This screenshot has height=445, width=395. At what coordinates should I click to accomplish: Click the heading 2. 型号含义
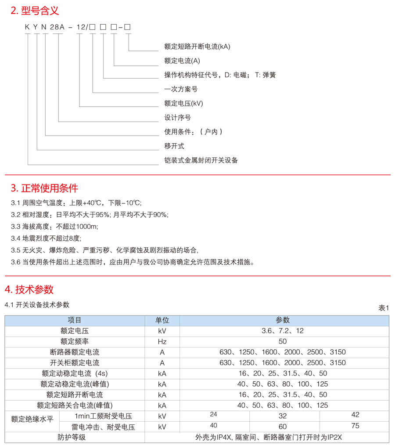pos(35,11)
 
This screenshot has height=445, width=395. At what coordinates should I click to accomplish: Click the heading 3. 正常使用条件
pos(44,188)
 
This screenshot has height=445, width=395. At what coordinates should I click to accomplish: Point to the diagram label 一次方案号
pos(181,89)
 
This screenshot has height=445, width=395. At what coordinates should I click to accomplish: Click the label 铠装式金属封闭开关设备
pos(201,160)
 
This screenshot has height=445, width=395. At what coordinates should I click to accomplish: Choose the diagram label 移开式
pos(174,146)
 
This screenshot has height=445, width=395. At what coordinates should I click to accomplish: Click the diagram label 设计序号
pos(177,118)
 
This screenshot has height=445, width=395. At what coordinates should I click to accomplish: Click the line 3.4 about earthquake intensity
pos(46,239)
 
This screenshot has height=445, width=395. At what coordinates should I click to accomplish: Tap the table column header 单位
pos(162,320)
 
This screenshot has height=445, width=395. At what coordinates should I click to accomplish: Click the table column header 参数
pos(283,320)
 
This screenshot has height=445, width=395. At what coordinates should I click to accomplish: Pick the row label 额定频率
pos(75,341)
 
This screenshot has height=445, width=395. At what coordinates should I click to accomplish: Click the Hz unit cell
pos(162,341)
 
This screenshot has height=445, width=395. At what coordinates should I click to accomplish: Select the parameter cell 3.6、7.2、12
pos(283,331)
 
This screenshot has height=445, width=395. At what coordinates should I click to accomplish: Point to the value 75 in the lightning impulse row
pos(355,425)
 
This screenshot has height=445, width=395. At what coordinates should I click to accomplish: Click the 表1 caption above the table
pos(384,308)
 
